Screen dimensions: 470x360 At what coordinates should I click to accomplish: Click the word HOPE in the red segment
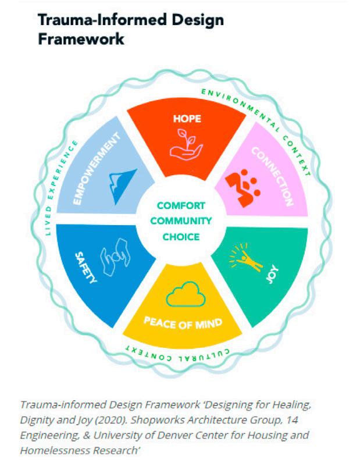(x=187, y=119)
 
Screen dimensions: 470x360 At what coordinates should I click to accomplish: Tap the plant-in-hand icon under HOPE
(x=186, y=145)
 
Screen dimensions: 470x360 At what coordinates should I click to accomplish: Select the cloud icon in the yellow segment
(x=186, y=294)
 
